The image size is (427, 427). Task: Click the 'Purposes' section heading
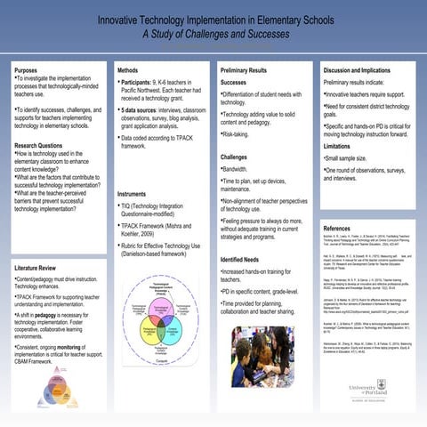(x=27, y=69)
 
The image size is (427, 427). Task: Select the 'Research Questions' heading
(x=38, y=145)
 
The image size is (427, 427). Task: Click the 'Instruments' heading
(x=132, y=193)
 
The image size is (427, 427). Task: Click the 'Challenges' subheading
(x=234, y=157)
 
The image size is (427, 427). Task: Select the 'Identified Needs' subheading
(x=240, y=259)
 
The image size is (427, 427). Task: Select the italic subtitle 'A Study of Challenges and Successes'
(x=213, y=36)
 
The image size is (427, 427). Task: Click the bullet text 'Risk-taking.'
(x=236, y=133)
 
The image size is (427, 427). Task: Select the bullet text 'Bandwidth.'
(x=236, y=168)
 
